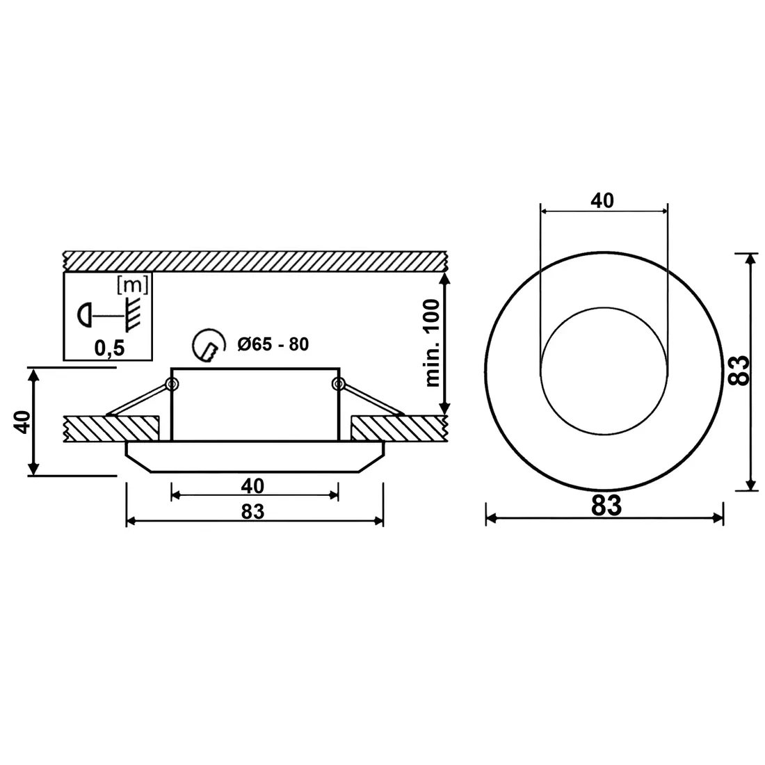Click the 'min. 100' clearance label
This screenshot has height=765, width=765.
[x=433, y=343]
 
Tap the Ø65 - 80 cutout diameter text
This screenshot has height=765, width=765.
[x=273, y=344]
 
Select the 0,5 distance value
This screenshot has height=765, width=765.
[x=110, y=348]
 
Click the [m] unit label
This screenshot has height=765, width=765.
[x=133, y=284]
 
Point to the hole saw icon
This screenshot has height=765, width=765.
[x=209, y=346]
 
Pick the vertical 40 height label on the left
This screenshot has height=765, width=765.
[x=22, y=422]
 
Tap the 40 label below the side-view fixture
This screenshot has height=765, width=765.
[x=252, y=486]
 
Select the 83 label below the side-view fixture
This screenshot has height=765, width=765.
[x=252, y=512]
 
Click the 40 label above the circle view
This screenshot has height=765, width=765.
[x=602, y=200]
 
